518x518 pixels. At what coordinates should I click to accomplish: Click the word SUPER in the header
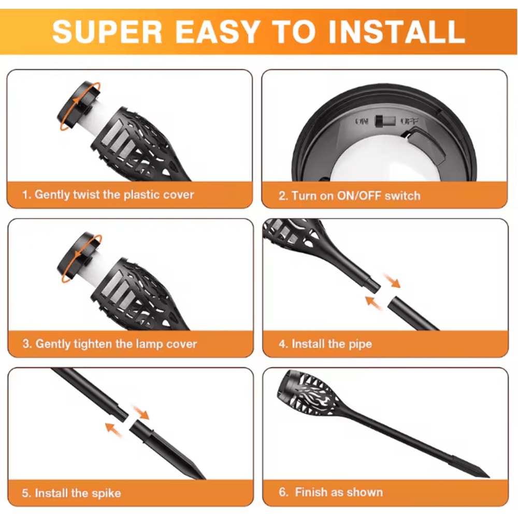107,32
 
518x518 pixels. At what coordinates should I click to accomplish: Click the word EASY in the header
217,32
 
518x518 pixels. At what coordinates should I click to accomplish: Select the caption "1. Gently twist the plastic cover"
108,195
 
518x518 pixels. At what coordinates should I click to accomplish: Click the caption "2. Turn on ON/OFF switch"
349,196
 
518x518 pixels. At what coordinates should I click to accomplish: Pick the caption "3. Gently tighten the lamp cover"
110,344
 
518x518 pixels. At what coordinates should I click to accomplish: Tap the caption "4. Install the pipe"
325,344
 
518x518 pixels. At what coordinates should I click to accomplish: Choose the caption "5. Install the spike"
71,493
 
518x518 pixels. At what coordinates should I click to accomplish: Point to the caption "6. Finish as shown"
330,492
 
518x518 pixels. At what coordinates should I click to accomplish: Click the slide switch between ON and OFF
385,121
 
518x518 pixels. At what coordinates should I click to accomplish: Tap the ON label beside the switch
362,121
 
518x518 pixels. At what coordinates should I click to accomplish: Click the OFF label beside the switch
409,121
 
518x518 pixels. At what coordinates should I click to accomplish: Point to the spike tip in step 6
488,476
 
